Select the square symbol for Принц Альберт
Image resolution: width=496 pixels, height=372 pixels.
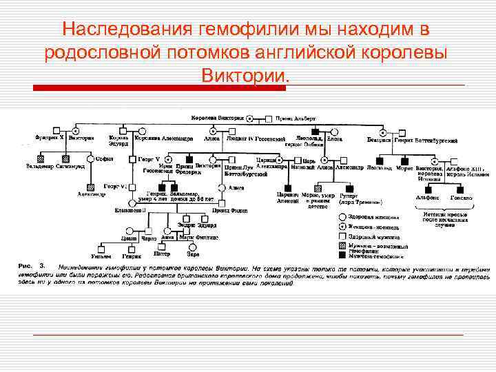point(269,118)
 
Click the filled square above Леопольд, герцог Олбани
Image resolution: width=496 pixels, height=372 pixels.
point(315,130)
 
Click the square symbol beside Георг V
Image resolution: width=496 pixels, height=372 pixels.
point(132,159)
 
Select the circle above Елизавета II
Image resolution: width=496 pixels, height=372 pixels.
point(137,203)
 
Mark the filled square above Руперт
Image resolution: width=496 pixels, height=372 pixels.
point(349,187)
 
